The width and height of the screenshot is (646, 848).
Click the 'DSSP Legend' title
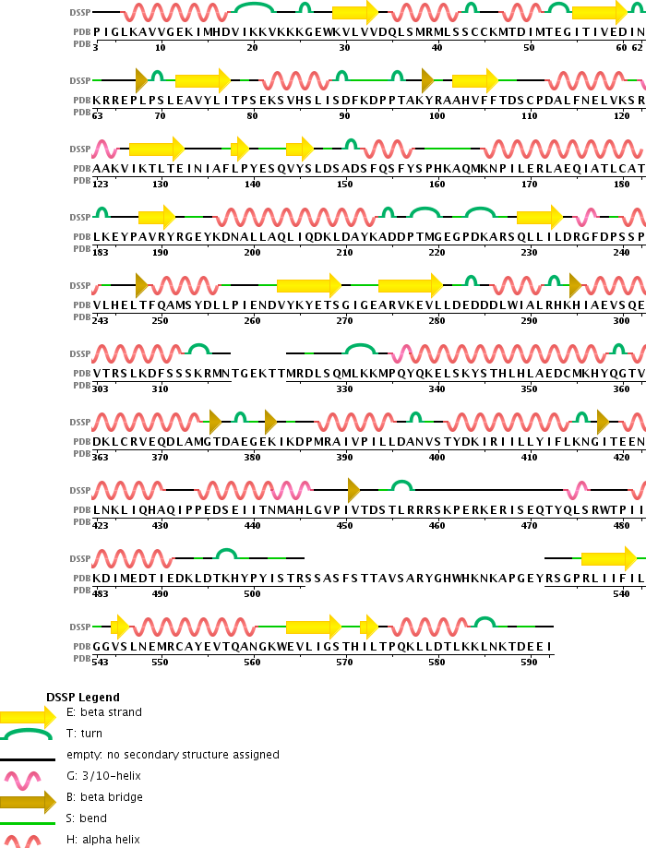click(x=82, y=697)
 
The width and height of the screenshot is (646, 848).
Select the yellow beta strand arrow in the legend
click(x=27, y=716)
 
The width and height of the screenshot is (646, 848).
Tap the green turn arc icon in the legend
click(x=27, y=735)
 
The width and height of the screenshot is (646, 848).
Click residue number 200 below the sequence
click(x=252, y=252)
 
